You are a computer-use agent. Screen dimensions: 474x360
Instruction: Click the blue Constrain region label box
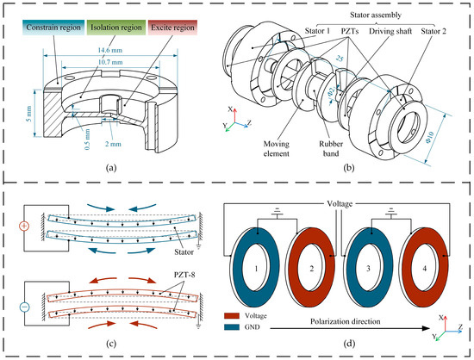(x=53, y=28)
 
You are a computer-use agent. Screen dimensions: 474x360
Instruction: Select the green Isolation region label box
(x=116, y=28)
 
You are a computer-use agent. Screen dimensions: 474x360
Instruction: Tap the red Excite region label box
(x=172, y=28)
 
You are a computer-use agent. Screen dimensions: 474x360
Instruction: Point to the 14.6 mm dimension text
(x=110, y=50)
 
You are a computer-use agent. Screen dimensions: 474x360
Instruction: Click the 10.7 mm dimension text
(x=110, y=62)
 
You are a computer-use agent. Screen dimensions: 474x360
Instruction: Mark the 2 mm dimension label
(x=113, y=144)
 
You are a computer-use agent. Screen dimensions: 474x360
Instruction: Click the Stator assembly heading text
(x=376, y=16)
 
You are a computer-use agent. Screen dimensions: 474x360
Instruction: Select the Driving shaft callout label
(x=390, y=31)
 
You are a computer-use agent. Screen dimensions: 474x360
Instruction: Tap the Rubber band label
(x=331, y=149)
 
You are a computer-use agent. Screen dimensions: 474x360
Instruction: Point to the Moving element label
(x=277, y=149)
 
